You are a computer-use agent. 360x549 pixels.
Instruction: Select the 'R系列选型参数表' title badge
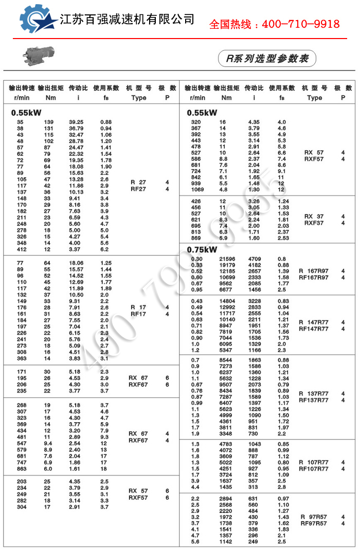click(x=267, y=59)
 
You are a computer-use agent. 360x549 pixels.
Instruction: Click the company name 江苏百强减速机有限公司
click(x=127, y=20)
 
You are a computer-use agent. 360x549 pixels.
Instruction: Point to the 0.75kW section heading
click(x=202, y=250)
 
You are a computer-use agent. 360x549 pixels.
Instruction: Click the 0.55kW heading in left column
click(x=26, y=112)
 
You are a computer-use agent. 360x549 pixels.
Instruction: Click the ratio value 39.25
click(x=76, y=122)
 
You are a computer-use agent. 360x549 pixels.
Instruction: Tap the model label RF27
click(x=139, y=189)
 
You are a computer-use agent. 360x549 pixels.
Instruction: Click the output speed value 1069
click(x=196, y=189)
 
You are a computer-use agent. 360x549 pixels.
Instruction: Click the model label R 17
click(x=138, y=307)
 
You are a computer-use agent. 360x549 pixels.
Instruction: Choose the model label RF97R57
click(x=314, y=523)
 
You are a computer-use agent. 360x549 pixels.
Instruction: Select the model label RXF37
click(x=314, y=223)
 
